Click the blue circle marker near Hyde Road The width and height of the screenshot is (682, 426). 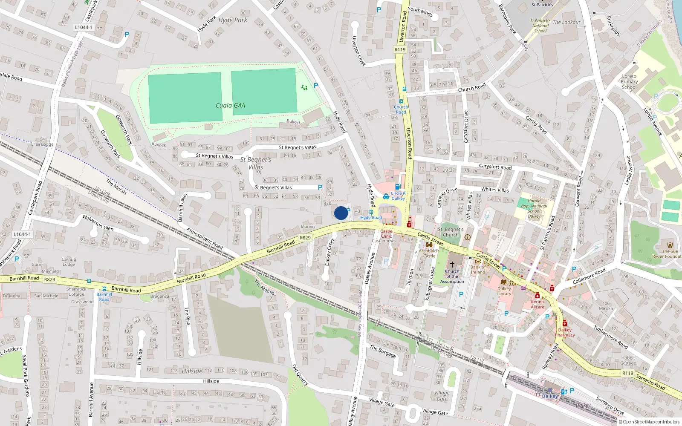pos(341,213)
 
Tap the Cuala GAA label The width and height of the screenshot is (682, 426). pos(230,106)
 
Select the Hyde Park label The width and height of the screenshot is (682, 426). pos(233,20)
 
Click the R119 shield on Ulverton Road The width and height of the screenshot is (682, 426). pos(400,49)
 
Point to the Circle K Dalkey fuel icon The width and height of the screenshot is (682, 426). pos(398,187)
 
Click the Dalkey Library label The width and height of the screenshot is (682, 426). pos(504,291)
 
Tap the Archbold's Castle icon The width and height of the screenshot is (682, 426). pos(429,245)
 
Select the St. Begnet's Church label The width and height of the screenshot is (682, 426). pos(451,232)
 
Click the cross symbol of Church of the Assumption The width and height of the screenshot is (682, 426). pos(452,264)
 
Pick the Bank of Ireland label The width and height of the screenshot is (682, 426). pos(478,270)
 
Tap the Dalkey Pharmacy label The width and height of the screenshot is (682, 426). pos(565,332)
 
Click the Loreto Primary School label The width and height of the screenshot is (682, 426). pos(629,81)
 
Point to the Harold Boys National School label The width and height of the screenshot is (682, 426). pos(534,208)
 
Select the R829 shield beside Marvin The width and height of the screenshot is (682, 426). pos(305,238)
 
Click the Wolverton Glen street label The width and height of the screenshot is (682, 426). pos(98,223)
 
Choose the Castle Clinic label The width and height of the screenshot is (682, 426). pos(386,233)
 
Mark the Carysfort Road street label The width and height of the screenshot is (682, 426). pos(495,167)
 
